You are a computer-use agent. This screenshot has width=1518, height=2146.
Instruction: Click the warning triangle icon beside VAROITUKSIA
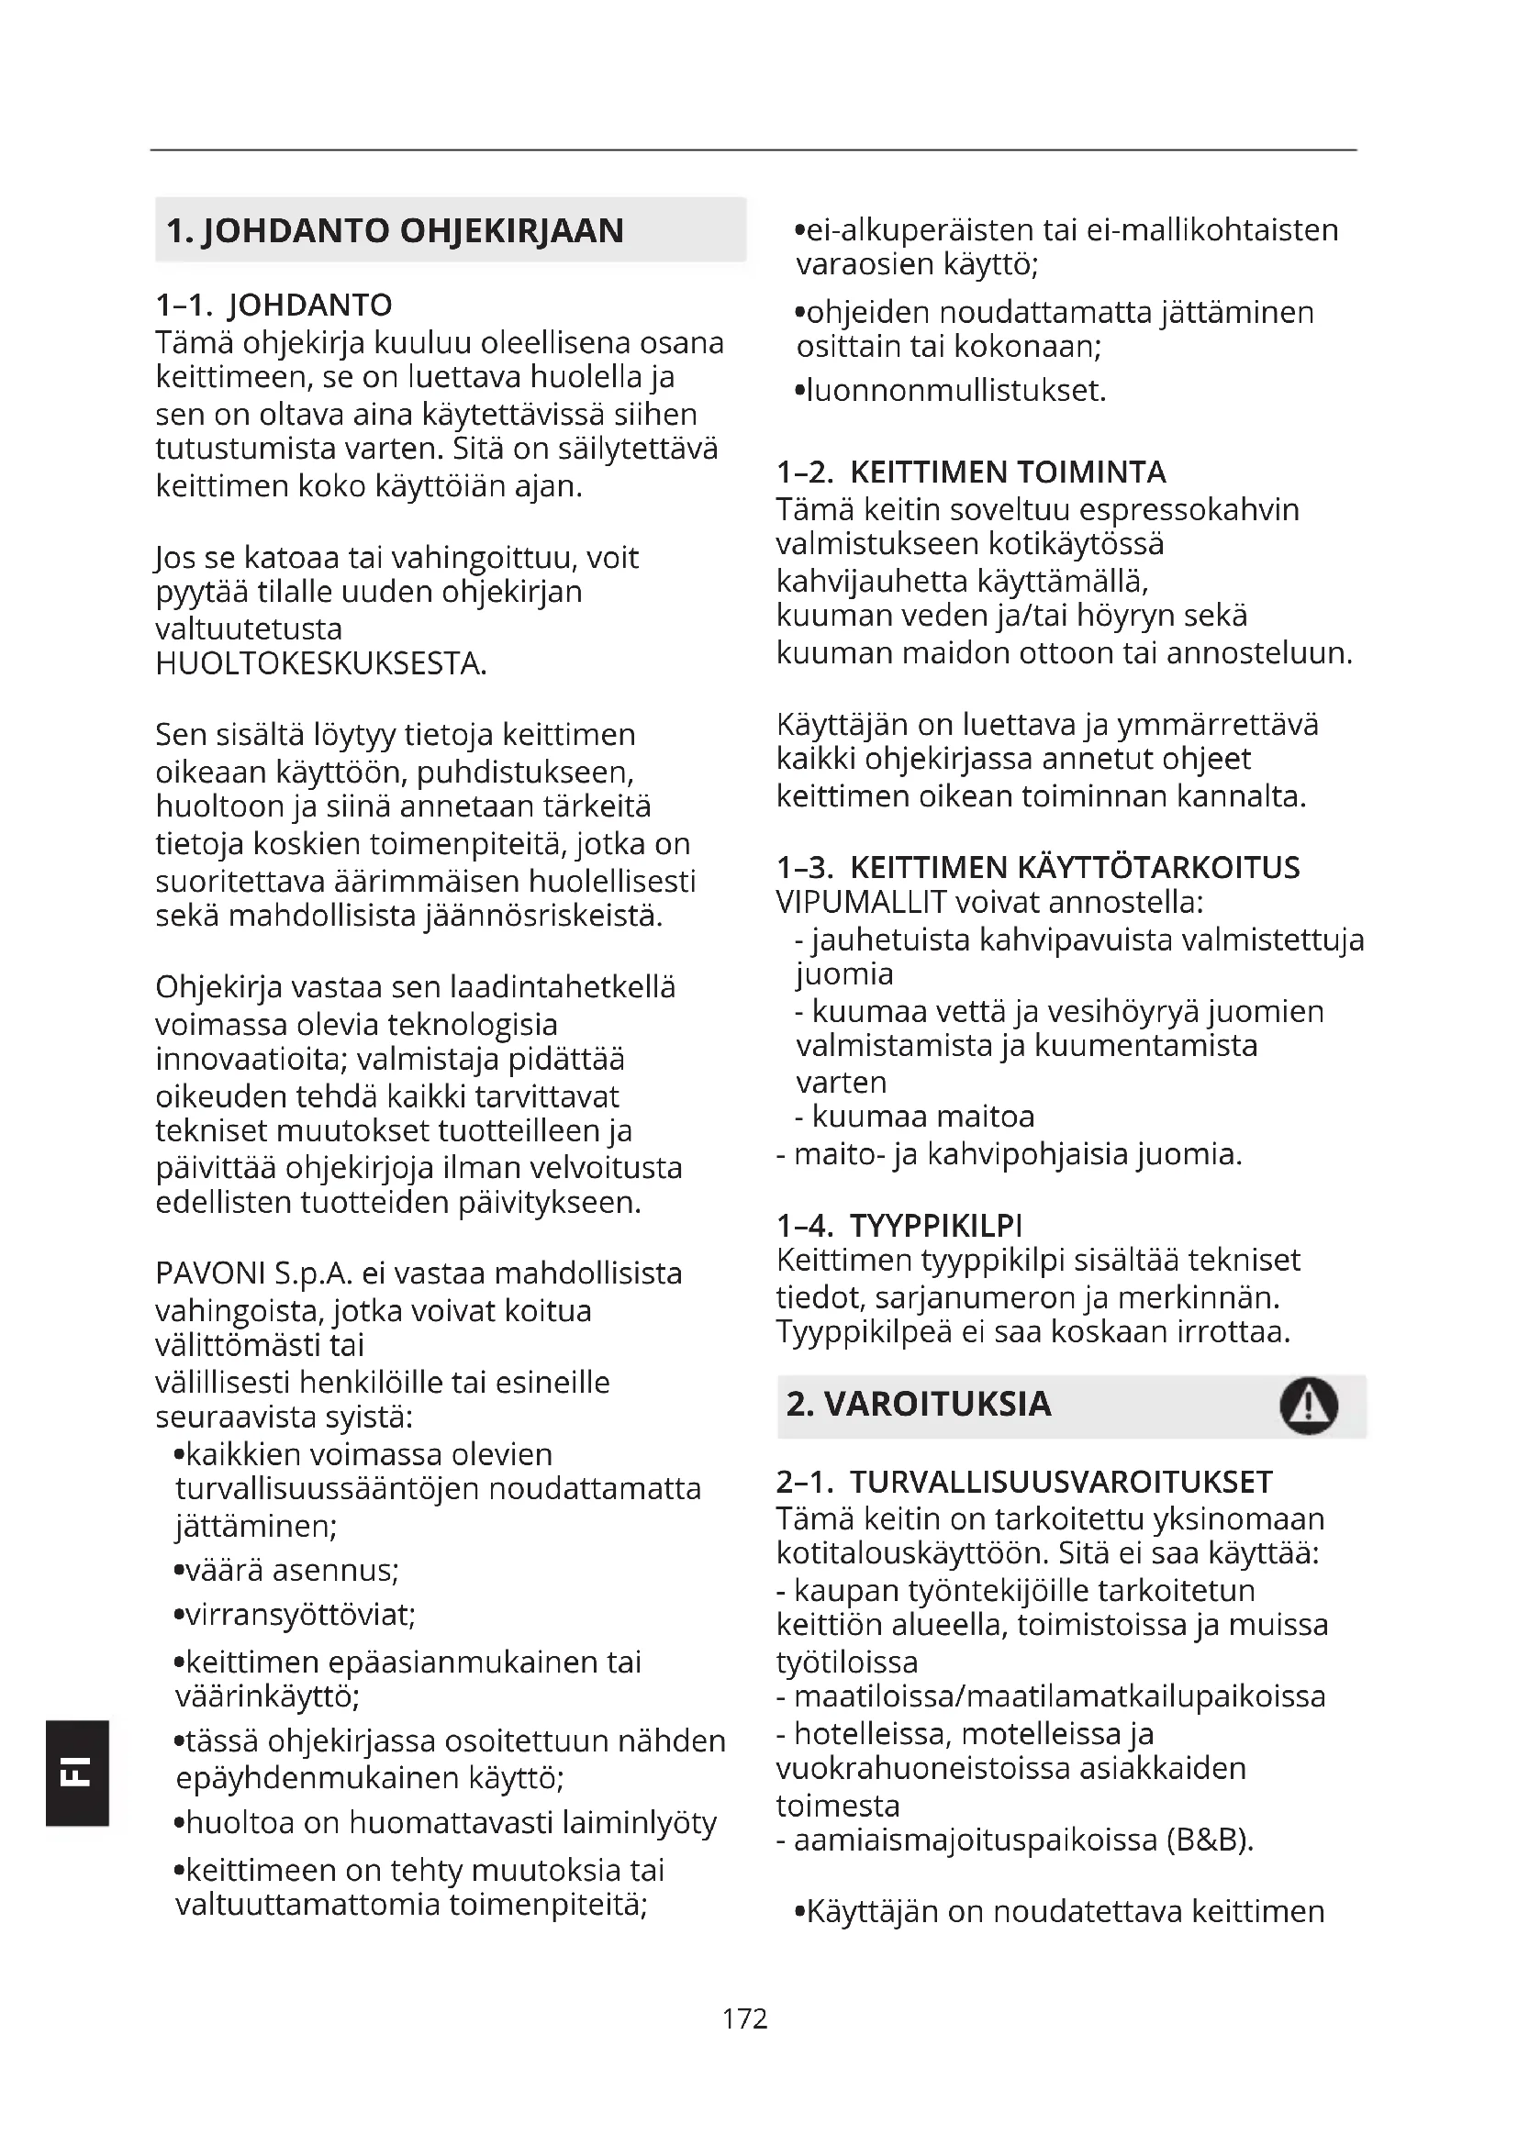(x=1309, y=1406)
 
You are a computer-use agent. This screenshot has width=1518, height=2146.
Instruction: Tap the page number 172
(x=745, y=2018)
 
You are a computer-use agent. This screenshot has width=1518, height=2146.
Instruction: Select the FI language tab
(x=77, y=1774)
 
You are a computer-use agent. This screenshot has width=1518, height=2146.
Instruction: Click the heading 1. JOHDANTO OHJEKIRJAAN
(x=395, y=231)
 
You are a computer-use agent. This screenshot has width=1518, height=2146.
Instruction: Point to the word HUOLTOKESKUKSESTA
(x=320, y=663)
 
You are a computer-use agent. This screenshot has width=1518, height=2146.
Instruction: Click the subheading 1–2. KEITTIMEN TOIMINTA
(x=971, y=472)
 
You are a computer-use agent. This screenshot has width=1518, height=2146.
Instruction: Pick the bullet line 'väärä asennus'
(x=288, y=1570)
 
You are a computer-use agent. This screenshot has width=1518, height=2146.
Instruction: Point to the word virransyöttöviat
(x=296, y=1615)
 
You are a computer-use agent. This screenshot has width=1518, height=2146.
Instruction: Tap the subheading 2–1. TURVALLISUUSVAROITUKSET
(x=1024, y=1482)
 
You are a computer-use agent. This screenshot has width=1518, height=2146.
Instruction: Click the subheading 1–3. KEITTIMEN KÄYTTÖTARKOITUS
(x=1038, y=867)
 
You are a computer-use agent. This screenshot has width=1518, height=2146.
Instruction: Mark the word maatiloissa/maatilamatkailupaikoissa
(x=1059, y=1696)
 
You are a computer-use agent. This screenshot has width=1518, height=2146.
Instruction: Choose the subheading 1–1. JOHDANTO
(x=273, y=305)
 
